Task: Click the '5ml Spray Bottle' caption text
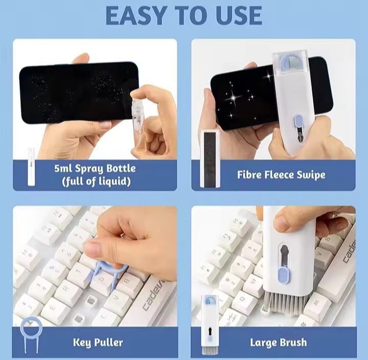point(95,168)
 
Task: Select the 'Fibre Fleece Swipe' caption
point(281,175)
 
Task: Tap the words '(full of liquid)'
point(95,182)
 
